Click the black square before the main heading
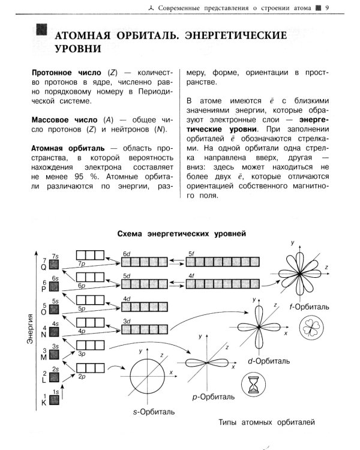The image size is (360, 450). coord(42,31)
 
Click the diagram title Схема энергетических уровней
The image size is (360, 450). coord(180,232)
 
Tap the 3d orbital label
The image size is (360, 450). coord(127,321)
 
